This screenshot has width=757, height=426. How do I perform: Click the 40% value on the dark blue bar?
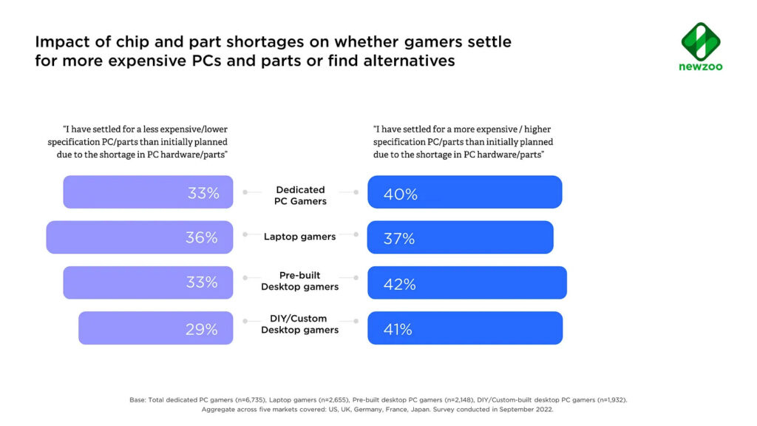coord(400,195)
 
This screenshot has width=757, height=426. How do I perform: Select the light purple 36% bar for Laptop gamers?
coord(139,237)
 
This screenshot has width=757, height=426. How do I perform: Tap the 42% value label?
coord(400,284)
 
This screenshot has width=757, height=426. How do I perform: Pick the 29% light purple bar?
coord(155,328)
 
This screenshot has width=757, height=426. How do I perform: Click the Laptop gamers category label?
coord(300,237)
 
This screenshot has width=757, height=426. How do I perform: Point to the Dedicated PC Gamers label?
coord(300,195)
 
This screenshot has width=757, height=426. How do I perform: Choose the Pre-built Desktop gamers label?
coord(300,281)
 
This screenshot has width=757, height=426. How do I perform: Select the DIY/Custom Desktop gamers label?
coord(300,325)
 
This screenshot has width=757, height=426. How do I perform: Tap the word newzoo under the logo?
coord(700,67)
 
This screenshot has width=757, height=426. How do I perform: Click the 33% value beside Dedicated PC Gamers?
coord(203,194)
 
